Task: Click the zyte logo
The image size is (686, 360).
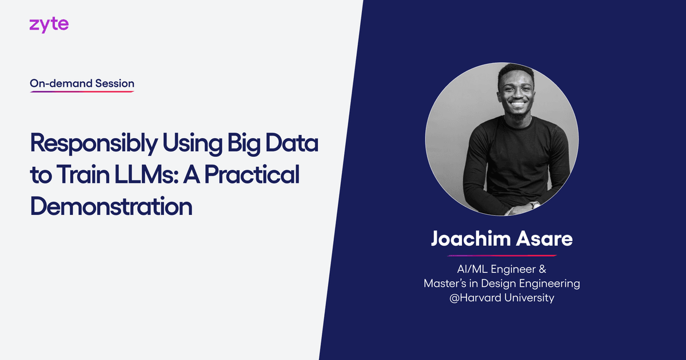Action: tap(49, 25)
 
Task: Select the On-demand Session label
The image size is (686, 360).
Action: tap(82, 83)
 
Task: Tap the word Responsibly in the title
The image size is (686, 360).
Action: tap(94, 143)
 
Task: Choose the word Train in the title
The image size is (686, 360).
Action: tap(83, 174)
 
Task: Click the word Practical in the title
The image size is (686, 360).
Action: tap(252, 174)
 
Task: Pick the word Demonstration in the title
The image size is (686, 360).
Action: tap(111, 206)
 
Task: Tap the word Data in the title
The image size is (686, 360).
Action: tap(292, 143)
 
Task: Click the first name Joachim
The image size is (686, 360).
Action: tap(470, 238)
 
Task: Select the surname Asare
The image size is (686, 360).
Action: tap(544, 239)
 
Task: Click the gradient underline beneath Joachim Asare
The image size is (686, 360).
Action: tap(502, 255)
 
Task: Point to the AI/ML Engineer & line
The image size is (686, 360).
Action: tap(502, 269)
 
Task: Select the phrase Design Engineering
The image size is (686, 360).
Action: tap(531, 284)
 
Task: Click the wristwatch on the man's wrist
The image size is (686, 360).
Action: tap(535, 205)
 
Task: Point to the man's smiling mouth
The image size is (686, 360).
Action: tap(517, 103)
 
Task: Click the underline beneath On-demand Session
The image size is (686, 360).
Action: tap(82, 91)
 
